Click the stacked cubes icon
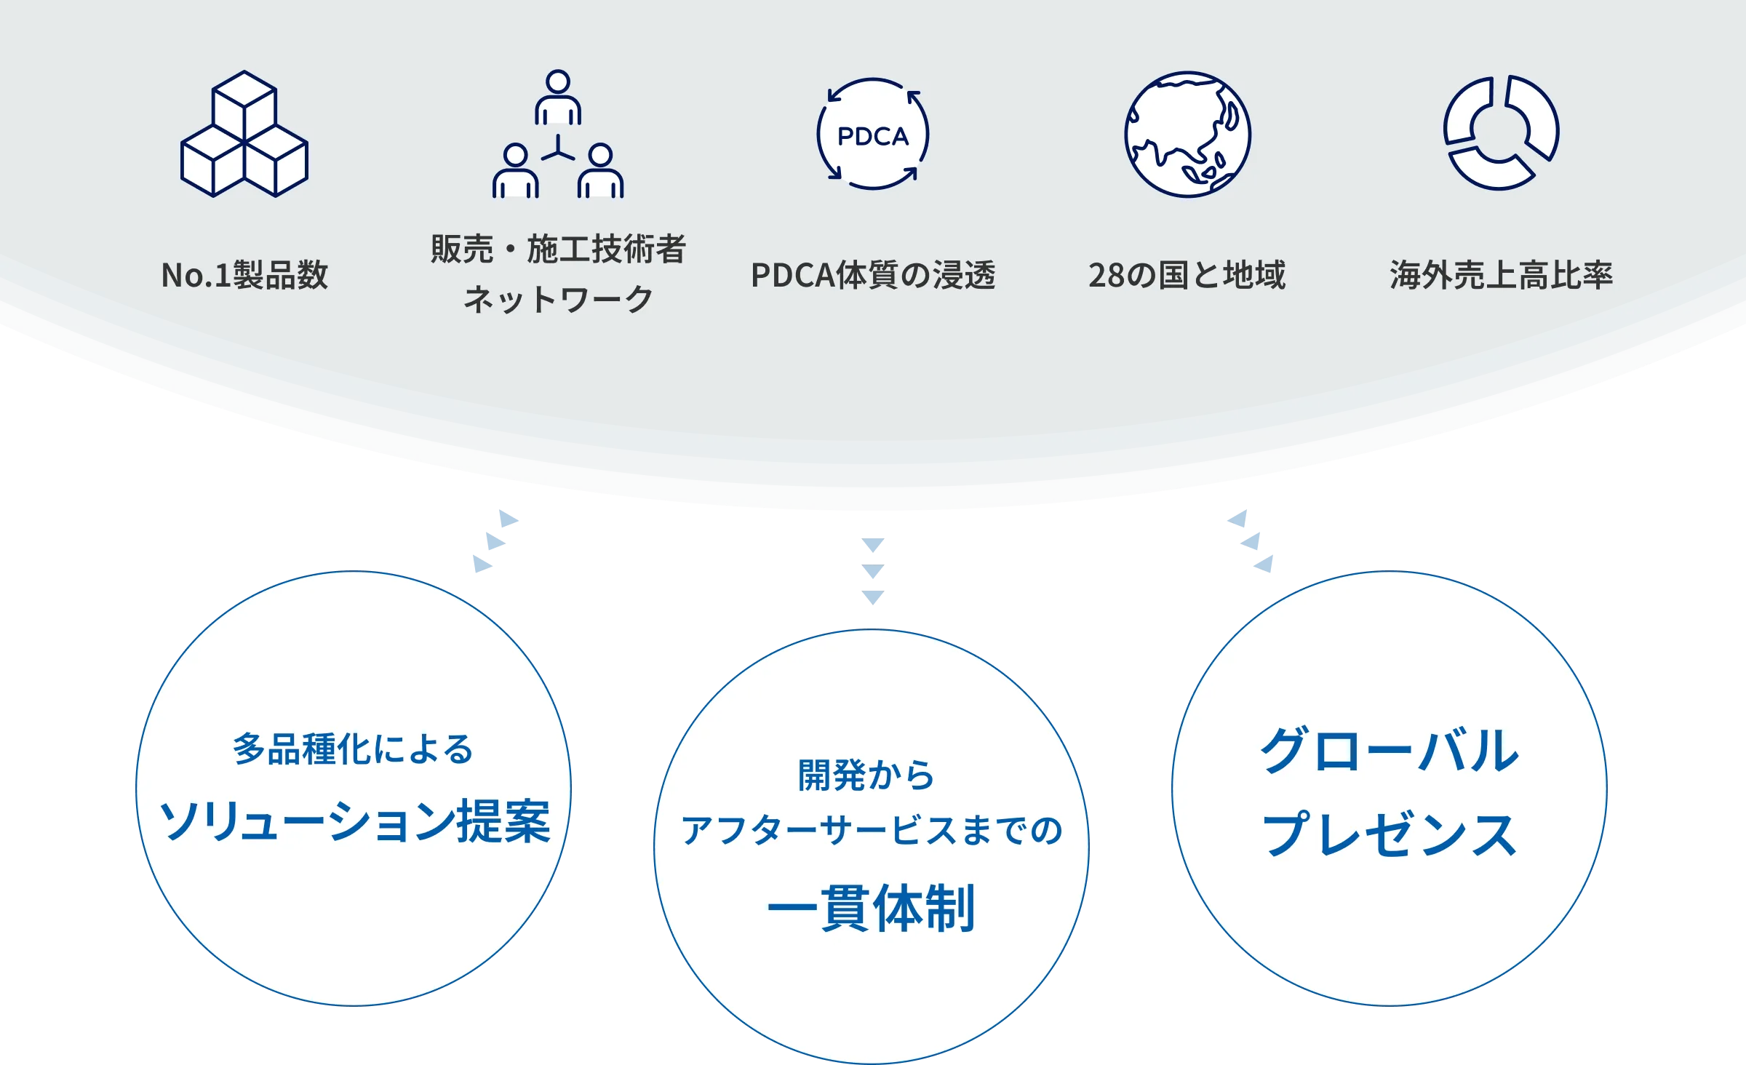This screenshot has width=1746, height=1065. click(x=244, y=135)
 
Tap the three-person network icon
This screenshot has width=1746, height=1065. click(x=558, y=135)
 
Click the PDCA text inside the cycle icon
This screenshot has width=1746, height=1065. click(x=873, y=136)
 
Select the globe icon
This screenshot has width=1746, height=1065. click(x=1187, y=135)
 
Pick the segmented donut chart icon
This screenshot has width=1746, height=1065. click(x=1501, y=133)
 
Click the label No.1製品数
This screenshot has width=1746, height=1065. click(x=244, y=275)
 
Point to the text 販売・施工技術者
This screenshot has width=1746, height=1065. click(x=558, y=249)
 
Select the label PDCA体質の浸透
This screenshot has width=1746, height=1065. click(x=873, y=275)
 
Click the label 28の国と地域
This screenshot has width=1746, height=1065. click(x=1187, y=275)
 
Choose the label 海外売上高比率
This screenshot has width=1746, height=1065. click(x=1501, y=275)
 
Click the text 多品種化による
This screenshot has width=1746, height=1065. click(x=354, y=749)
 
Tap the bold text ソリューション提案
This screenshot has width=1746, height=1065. click(x=354, y=821)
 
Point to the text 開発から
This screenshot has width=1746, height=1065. click(x=867, y=775)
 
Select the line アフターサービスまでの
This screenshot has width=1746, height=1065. click(x=872, y=830)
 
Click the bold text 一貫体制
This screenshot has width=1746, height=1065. click(x=871, y=909)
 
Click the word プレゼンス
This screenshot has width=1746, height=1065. click(x=1389, y=834)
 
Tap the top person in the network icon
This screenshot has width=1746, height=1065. click(x=558, y=98)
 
